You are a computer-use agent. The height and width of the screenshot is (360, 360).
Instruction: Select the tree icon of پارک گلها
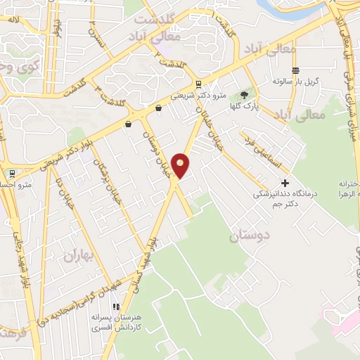244,96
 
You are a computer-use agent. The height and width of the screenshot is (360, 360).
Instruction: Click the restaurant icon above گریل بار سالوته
295,71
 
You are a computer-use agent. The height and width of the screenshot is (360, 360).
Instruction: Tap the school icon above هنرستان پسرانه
116,307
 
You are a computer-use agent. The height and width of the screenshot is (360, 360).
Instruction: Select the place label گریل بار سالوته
297,82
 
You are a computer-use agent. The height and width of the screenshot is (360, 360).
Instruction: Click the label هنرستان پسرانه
116,318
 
